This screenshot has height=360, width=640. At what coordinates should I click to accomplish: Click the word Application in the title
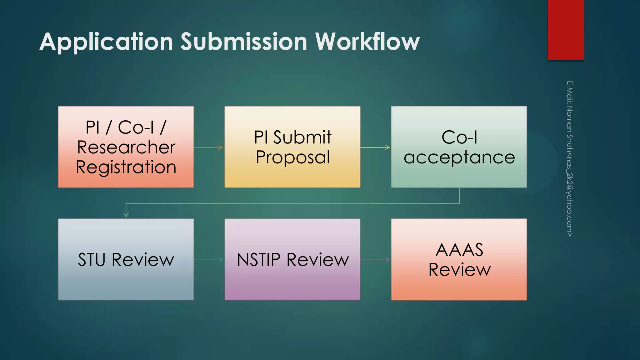106,42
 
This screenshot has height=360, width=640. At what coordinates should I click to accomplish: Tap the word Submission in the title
244,42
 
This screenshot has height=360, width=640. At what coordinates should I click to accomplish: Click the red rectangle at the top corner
566,30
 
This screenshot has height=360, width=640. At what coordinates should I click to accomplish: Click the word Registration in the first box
126,167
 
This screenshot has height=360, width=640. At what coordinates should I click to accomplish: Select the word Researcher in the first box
126,147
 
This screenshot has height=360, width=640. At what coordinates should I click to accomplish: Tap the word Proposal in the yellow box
292,157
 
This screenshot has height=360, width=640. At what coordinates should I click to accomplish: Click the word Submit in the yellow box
302,137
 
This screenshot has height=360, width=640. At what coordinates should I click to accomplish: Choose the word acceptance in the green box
459,157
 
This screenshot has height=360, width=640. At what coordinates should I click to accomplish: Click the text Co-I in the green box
459,137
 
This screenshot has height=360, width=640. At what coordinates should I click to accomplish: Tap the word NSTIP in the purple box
258,260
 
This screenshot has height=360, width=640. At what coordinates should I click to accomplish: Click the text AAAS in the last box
459,250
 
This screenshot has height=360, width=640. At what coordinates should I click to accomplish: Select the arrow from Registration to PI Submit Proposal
209,147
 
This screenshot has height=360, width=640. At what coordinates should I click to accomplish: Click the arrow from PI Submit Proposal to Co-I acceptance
375,147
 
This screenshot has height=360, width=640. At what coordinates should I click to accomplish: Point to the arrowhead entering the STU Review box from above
126,214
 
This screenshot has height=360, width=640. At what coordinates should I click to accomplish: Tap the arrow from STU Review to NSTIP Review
209,260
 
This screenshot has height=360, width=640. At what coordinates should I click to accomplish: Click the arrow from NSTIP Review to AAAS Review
375,260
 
